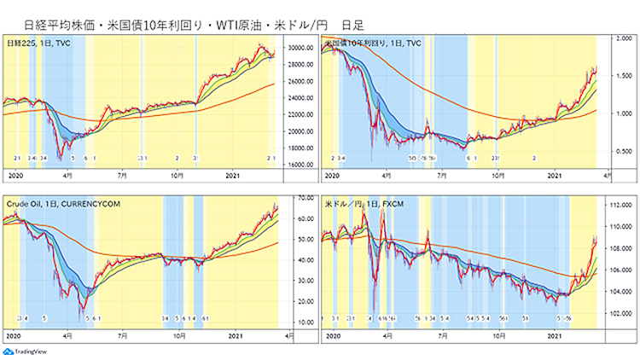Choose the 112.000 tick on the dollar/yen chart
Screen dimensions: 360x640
(618, 206)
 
